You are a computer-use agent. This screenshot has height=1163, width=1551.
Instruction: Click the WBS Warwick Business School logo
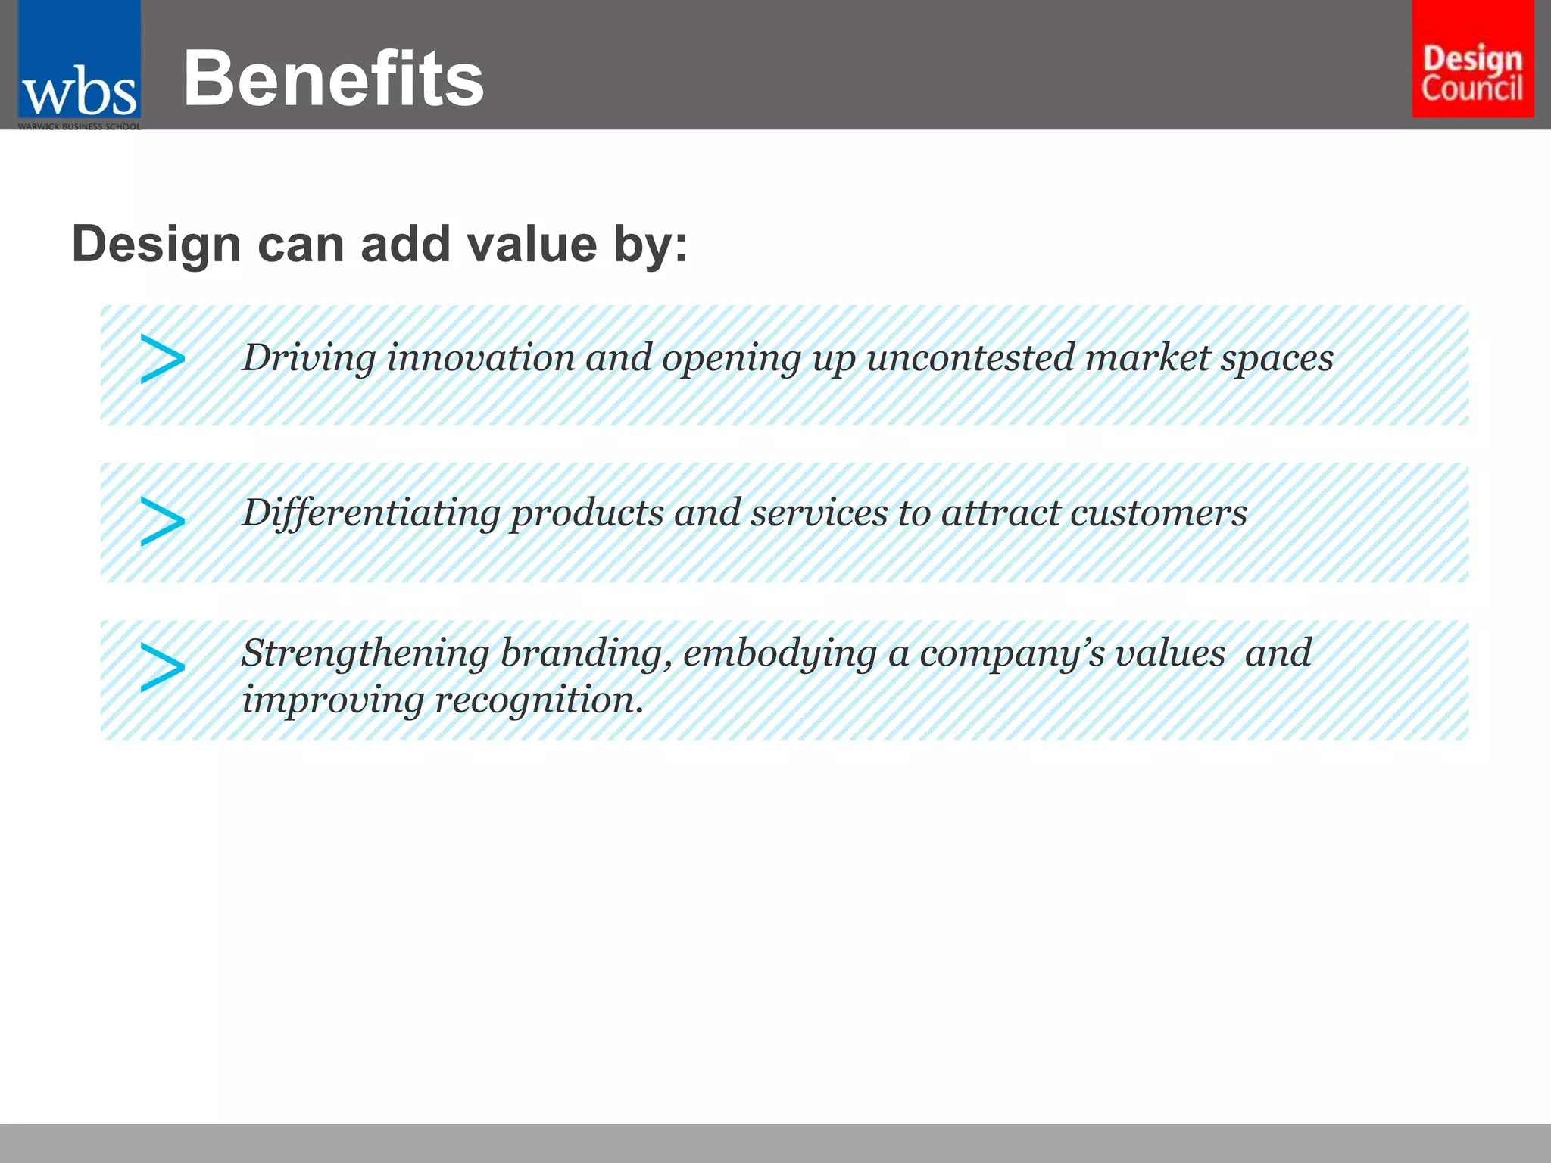[x=79, y=66]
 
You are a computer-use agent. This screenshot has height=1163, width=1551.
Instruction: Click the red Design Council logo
[x=1472, y=59]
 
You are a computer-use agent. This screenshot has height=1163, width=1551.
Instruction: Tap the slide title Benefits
[x=333, y=79]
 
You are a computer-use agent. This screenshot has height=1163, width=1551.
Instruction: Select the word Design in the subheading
[x=156, y=245]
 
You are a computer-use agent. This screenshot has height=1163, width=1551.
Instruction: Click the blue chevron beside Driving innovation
[x=162, y=359]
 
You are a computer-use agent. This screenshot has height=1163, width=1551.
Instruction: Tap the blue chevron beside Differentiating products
[x=162, y=522]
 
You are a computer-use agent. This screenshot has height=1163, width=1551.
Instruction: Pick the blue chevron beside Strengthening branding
[x=162, y=667]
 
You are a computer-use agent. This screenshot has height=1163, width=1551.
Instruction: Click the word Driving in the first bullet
[x=308, y=358]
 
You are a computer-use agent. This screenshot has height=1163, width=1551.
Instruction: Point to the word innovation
[x=481, y=358]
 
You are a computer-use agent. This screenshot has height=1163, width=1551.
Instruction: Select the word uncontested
[x=970, y=358]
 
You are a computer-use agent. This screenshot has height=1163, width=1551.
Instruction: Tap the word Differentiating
[x=370, y=513]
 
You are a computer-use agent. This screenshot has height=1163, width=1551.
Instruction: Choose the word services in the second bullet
[x=819, y=513]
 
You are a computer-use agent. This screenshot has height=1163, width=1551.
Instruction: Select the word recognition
[x=538, y=700]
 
